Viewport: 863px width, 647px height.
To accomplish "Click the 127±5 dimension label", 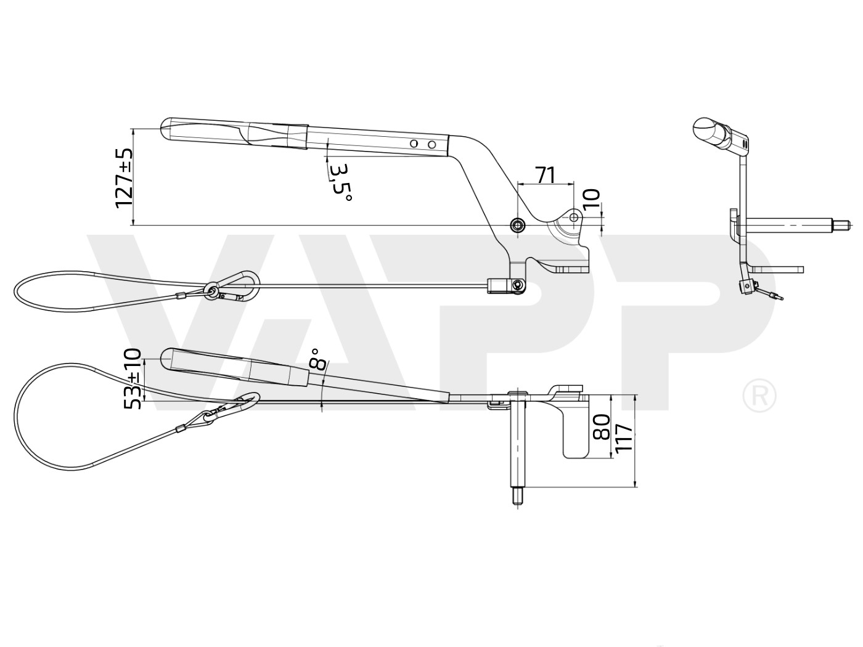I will click(124, 177).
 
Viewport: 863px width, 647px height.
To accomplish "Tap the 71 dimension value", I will click(544, 175).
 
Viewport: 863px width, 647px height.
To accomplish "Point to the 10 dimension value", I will click(591, 201).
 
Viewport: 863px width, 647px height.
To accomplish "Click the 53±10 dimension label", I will click(133, 378).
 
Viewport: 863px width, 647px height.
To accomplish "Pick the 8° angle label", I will click(317, 359).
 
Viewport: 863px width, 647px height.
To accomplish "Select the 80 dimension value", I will click(601, 426).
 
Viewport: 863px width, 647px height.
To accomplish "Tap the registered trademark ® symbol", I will click(759, 396).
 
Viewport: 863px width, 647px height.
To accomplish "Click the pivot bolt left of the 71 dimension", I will click(517, 224).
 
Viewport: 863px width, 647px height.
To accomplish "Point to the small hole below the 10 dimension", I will click(574, 218).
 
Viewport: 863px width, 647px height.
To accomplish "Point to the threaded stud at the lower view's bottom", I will click(517, 496).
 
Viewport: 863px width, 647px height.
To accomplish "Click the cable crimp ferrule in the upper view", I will click(181, 298).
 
